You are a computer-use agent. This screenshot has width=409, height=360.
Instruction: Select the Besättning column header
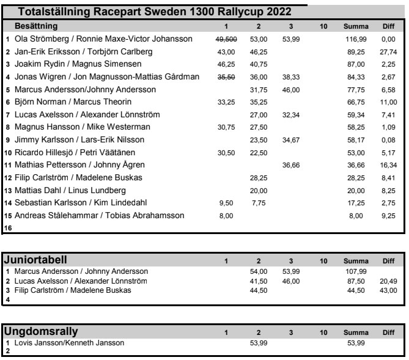click(36, 26)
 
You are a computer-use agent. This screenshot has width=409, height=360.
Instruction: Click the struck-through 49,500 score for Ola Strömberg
click(226, 39)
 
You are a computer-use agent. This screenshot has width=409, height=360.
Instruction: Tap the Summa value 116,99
click(355, 39)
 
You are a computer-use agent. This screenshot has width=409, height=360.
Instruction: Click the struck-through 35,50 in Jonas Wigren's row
click(226, 77)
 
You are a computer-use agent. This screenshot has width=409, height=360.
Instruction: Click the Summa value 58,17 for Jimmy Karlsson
click(355, 140)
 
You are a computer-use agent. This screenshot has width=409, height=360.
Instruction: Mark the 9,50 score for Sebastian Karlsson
click(228, 202)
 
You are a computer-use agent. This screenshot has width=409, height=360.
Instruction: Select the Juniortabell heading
click(35, 260)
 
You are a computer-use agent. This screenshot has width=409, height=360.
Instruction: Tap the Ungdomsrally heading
click(42, 332)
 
